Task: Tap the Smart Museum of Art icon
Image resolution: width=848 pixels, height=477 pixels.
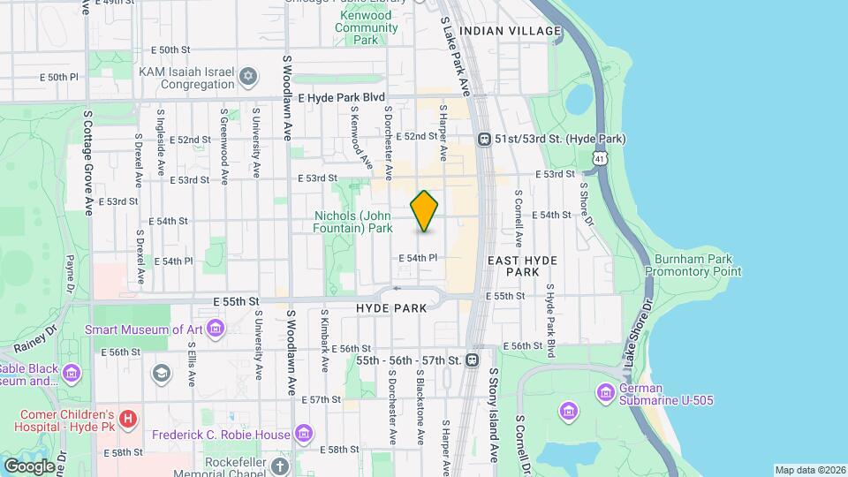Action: [216, 329]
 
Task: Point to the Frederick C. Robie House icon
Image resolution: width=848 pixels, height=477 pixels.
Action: [304, 434]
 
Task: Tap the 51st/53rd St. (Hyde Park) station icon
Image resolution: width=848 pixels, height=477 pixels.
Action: [484, 139]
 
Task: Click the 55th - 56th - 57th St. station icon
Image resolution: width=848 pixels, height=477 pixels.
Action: [473, 360]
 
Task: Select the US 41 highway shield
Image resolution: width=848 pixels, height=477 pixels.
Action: [601, 157]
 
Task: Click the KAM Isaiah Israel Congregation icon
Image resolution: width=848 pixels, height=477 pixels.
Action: [248, 78]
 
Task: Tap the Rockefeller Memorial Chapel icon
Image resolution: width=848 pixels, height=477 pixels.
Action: [280, 466]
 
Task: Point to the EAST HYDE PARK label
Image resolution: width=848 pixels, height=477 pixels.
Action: [513, 266]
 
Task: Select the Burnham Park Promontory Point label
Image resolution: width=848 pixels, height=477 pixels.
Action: [693, 266]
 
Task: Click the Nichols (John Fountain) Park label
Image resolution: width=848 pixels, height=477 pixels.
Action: [352, 222]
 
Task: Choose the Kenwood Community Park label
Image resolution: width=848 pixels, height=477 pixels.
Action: [366, 27]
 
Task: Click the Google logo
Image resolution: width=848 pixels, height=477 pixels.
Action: [29, 466]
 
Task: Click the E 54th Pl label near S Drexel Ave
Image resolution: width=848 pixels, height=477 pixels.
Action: [173, 261]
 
